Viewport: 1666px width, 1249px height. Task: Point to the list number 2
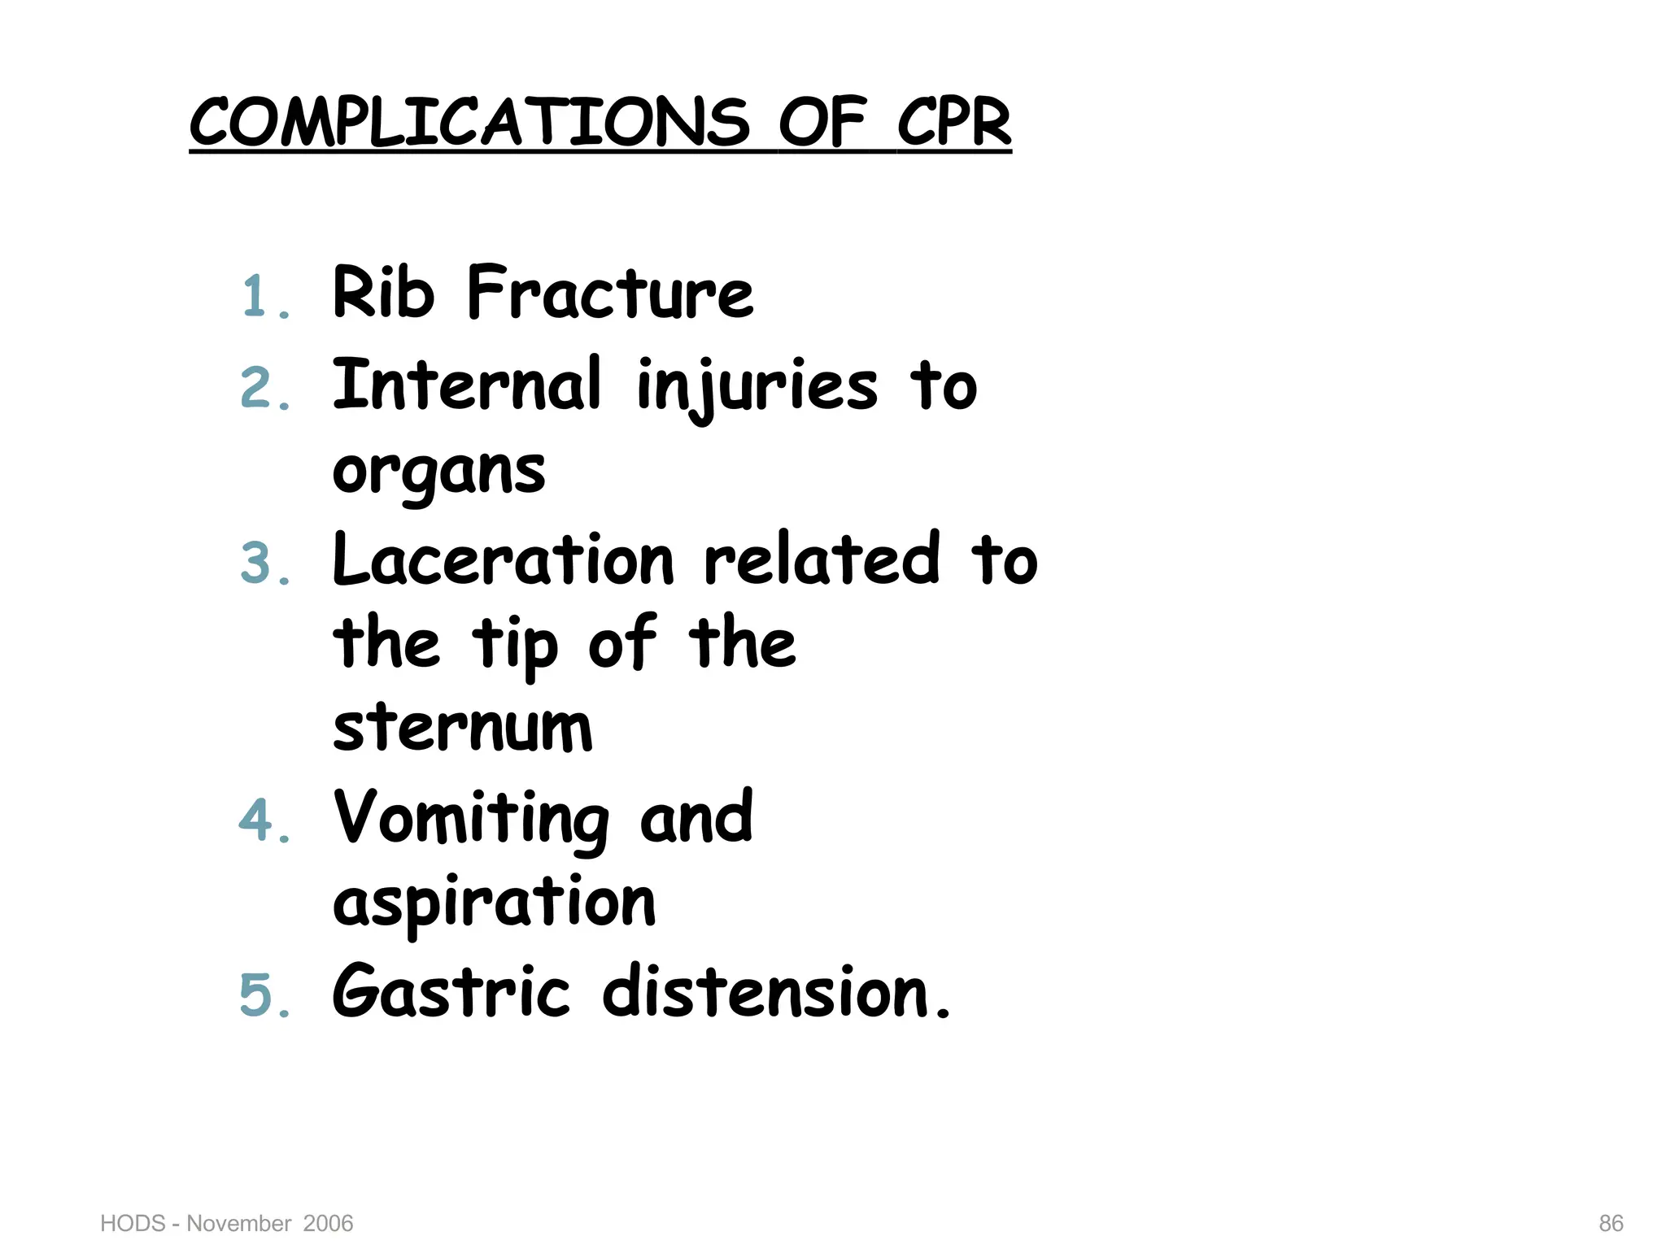pyautogui.click(x=258, y=388)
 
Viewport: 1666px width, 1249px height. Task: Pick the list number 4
pyautogui.click(x=258, y=820)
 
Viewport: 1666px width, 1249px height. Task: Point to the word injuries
pyautogui.click(x=757, y=387)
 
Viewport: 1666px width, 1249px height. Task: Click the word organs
pyautogui.click(x=439, y=473)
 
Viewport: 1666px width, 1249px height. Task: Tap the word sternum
pyautogui.click(x=463, y=727)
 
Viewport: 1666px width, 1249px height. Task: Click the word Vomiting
pyautogui.click(x=471, y=820)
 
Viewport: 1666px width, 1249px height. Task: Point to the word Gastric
pyautogui.click(x=451, y=992)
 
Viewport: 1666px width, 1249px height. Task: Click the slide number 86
pyautogui.click(x=1611, y=1223)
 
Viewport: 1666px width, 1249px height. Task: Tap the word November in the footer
pyautogui.click(x=239, y=1223)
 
